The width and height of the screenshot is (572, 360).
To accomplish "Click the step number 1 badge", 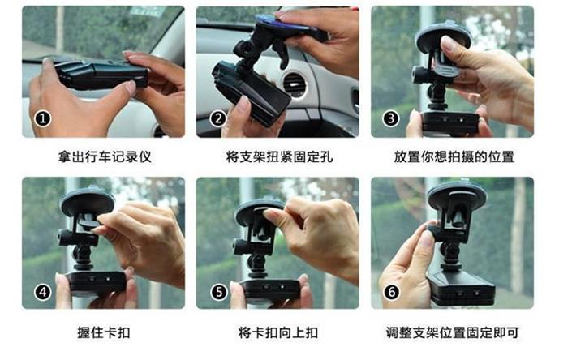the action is click(x=43, y=118).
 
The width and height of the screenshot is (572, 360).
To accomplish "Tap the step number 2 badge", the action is click(x=217, y=118).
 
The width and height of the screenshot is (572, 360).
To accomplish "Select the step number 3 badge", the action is click(x=391, y=118).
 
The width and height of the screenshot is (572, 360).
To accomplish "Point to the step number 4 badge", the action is click(x=43, y=292).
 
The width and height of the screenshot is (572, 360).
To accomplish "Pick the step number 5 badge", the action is click(x=218, y=292).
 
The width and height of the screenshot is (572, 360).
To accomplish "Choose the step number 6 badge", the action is click(x=391, y=292).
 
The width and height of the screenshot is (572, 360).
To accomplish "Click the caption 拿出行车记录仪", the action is click(x=105, y=157).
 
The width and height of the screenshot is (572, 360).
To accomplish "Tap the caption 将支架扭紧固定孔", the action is click(x=279, y=157).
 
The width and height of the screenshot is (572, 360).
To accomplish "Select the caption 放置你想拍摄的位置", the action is click(x=454, y=157).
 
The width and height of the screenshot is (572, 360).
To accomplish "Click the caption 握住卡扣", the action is click(x=104, y=332).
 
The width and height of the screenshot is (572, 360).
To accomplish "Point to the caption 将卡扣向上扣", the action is click(x=278, y=332).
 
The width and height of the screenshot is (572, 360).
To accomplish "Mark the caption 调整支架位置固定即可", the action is click(x=453, y=332).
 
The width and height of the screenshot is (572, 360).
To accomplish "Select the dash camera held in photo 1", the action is click(x=101, y=75).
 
